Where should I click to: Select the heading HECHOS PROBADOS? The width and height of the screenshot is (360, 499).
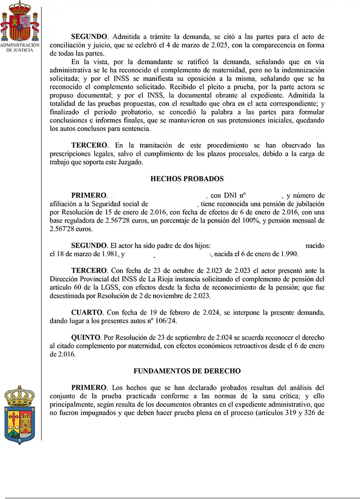pyautogui.click(x=187, y=179)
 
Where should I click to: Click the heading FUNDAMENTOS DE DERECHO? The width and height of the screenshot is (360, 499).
pyautogui.click(x=187, y=371)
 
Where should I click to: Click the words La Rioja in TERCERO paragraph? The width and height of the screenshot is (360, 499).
pyautogui.click(x=169, y=279)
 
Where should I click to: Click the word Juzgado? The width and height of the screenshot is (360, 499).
pyautogui.click(x=130, y=162)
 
